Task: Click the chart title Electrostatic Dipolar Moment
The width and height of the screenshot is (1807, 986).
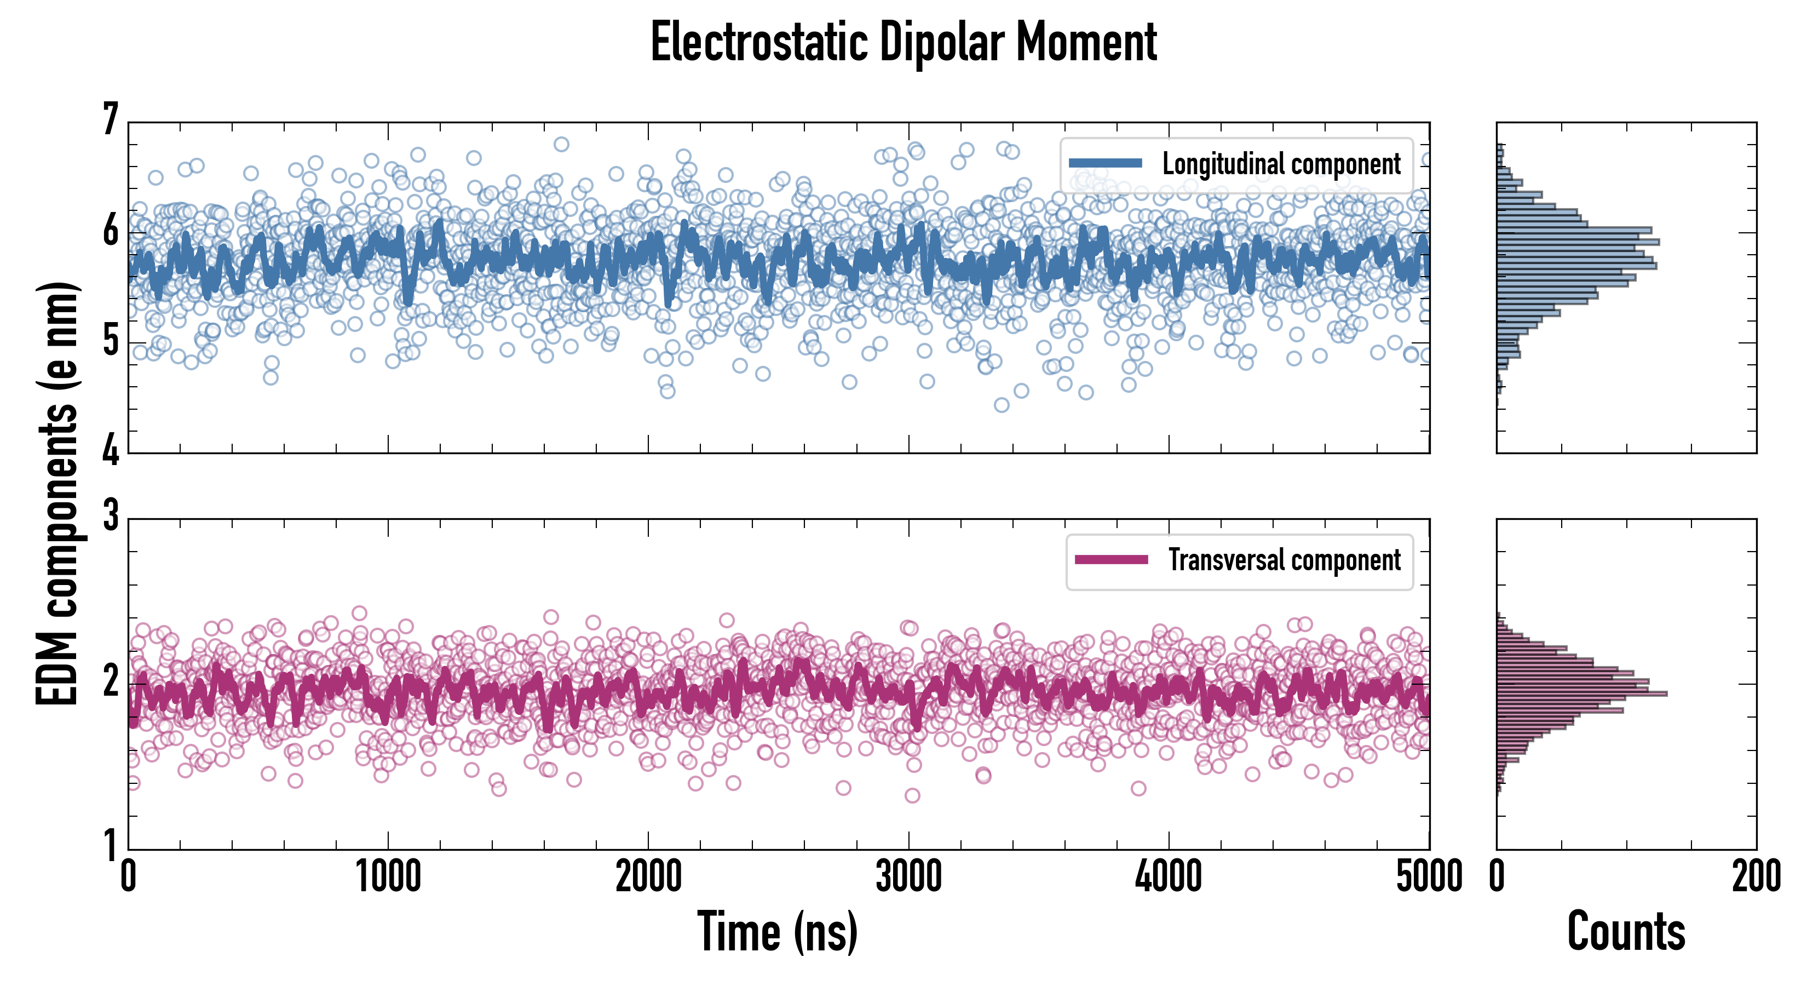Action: pyautogui.click(x=903, y=42)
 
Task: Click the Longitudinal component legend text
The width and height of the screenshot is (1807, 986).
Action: pyautogui.click(x=1281, y=164)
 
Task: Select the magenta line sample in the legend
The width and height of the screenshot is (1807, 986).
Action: pyautogui.click(x=1111, y=560)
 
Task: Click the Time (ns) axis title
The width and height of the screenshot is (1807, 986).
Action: pyautogui.click(x=777, y=931)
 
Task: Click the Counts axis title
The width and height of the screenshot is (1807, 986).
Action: pyautogui.click(x=1626, y=931)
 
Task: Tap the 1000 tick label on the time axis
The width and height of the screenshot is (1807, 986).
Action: pyautogui.click(x=388, y=877)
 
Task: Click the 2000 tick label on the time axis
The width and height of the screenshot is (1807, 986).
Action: pyautogui.click(x=648, y=877)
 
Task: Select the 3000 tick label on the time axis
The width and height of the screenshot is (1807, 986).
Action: pyautogui.click(x=908, y=877)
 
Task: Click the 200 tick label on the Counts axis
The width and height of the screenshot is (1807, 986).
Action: pyautogui.click(x=1756, y=877)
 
